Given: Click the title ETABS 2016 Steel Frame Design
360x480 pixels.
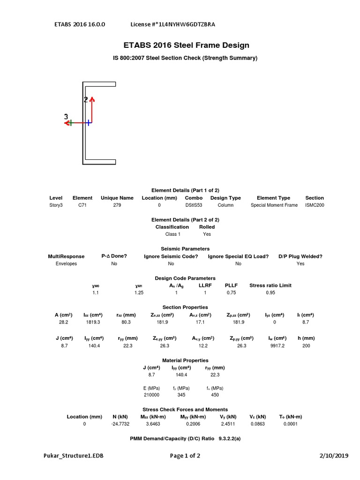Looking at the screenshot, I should [186, 45].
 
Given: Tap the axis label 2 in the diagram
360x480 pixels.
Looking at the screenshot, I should [86, 99].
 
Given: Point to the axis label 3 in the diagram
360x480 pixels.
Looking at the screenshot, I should [66, 117].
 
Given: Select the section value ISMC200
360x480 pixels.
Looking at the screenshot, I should [314, 205].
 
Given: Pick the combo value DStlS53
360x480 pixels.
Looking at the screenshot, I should [194, 205].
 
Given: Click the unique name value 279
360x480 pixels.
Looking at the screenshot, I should [117, 205].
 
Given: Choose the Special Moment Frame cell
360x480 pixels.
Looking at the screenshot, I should [274, 205].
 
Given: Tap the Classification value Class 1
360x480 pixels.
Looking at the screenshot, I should [172, 234].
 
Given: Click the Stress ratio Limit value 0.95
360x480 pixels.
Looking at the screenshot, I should [270, 292].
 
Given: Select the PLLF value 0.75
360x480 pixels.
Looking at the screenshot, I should [231, 292].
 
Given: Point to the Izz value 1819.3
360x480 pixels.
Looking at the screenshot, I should [92, 322].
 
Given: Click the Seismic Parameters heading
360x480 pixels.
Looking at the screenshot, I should [185, 248].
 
